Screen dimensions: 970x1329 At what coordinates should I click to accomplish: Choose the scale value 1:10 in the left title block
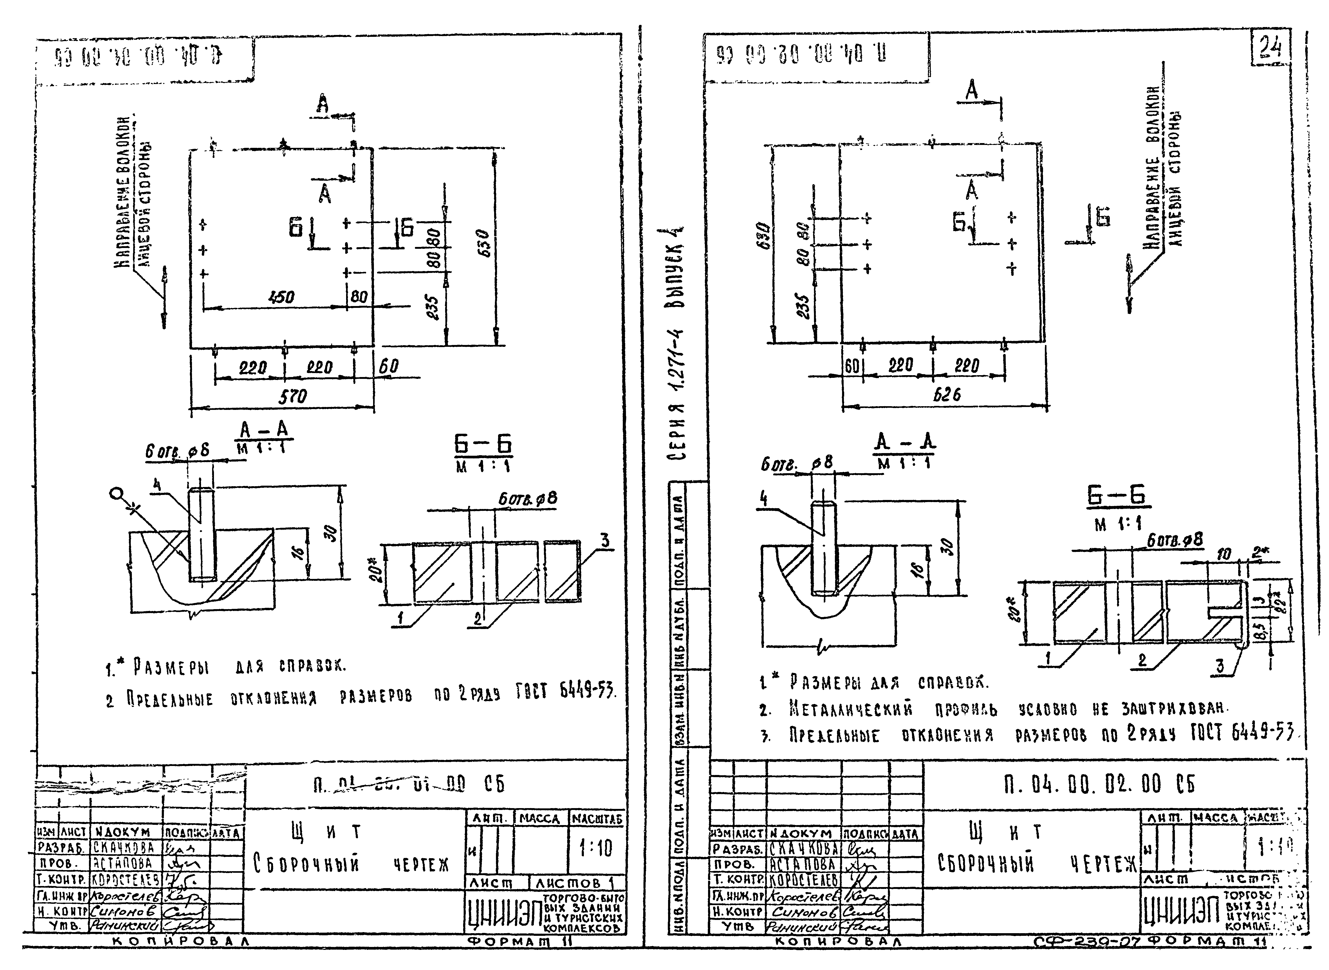point(595,848)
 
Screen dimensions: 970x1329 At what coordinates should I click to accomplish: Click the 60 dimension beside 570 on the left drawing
point(388,366)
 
